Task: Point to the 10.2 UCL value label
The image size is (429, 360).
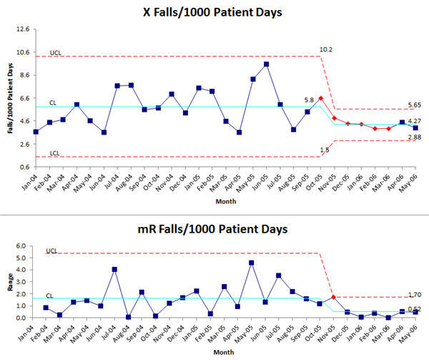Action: [x=325, y=49]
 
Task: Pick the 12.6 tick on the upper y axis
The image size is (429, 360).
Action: [x=22, y=29]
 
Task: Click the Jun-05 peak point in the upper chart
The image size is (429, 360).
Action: [x=266, y=64]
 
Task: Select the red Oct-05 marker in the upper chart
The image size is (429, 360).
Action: [x=321, y=98]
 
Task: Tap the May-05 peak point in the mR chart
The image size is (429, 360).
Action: [x=252, y=263]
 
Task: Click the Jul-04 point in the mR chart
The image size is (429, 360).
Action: [x=114, y=269]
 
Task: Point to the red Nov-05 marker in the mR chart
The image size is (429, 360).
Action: [x=334, y=297]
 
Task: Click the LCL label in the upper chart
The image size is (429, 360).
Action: [x=53, y=152]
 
